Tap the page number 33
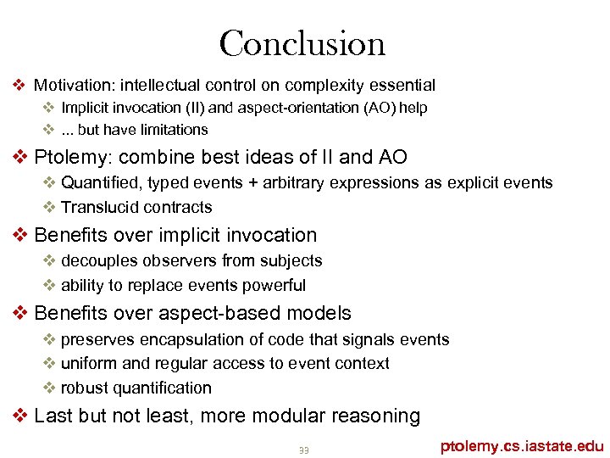click(303, 450)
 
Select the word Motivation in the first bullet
click(74, 85)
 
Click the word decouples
click(101, 261)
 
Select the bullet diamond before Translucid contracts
click(49, 207)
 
